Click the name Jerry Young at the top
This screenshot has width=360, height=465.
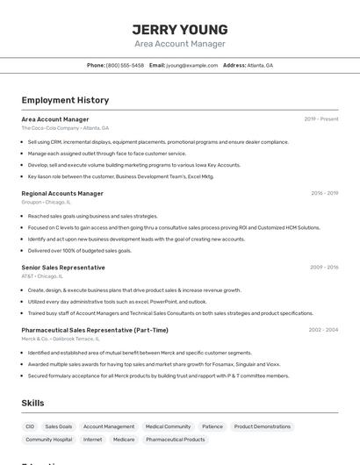(x=180, y=29)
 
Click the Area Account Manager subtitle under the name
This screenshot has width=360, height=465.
(x=180, y=44)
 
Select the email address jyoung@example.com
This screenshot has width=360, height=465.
(x=192, y=65)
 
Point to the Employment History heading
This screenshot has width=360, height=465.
(x=65, y=100)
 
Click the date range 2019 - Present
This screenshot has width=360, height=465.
(x=321, y=118)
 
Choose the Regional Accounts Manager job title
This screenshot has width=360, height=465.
(x=62, y=193)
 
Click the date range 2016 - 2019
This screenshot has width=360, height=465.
(x=324, y=193)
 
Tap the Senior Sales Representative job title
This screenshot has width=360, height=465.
(x=63, y=268)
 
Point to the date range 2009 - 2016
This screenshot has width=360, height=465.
(x=324, y=268)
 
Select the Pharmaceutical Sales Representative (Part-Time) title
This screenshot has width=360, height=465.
(x=95, y=330)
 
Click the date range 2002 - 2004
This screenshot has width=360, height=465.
(x=323, y=330)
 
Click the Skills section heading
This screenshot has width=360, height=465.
(x=32, y=403)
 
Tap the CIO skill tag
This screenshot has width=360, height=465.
(x=30, y=426)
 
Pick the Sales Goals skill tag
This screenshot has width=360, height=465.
(x=59, y=426)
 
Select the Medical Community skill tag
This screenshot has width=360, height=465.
(x=168, y=426)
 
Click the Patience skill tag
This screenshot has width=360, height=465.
(x=212, y=426)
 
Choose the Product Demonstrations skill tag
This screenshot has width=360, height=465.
(x=262, y=426)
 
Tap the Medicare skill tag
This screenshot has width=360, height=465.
(x=124, y=440)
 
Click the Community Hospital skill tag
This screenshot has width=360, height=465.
(x=49, y=440)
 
